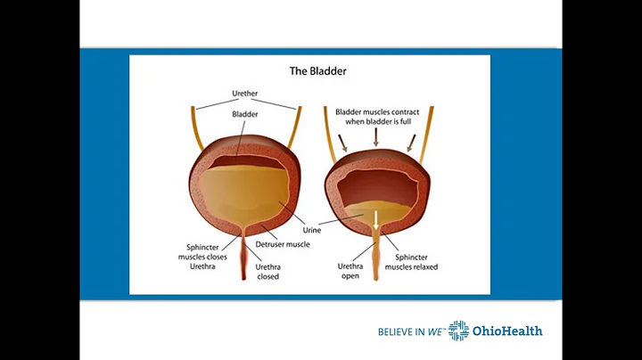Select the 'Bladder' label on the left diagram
(x=245, y=115)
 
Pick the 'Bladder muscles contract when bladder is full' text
(x=378, y=118)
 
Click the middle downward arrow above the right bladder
(x=377, y=136)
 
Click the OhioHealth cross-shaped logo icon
(x=458, y=331)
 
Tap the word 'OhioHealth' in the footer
(x=507, y=331)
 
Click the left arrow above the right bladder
(x=344, y=141)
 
